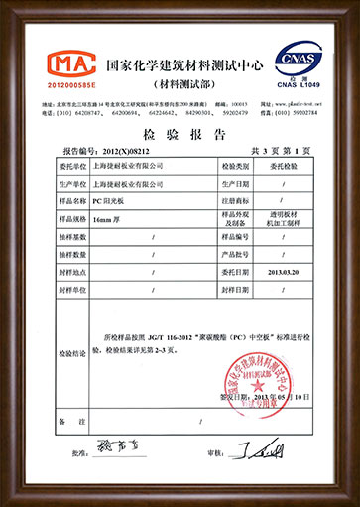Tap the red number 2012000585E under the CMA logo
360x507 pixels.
47,86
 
